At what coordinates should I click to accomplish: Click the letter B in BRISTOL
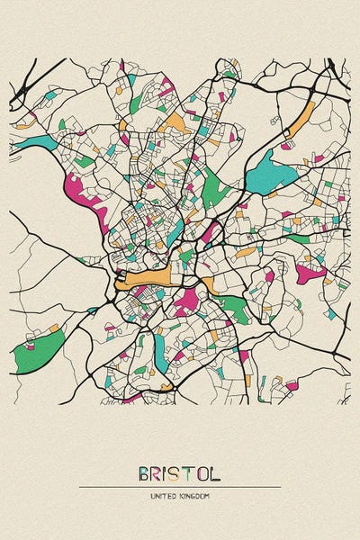[x=145, y=473]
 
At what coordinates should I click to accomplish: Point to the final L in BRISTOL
[x=215, y=473]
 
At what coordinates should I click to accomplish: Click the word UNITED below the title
[x=165, y=496]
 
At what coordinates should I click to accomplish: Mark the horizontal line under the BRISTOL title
[x=180, y=487]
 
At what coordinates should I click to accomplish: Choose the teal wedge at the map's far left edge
[x=34, y=142]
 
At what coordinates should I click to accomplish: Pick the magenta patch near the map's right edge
[x=310, y=272]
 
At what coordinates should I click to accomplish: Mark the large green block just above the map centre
[x=213, y=187]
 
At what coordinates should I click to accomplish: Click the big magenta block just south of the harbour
[x=186, y=301]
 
